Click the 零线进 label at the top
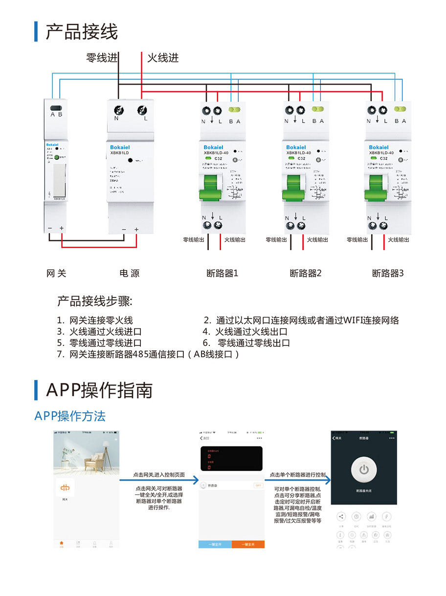102,58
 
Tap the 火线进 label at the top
163,58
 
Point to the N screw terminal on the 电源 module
118,109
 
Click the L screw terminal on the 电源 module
142,109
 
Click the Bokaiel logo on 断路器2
296,147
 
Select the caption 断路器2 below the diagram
306,274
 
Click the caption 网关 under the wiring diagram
56,274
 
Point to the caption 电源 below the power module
130,274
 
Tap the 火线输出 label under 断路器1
235,240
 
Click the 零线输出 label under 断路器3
357,240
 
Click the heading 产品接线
82,32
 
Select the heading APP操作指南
99,390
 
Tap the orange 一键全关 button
248,544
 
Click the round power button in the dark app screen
363,470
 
